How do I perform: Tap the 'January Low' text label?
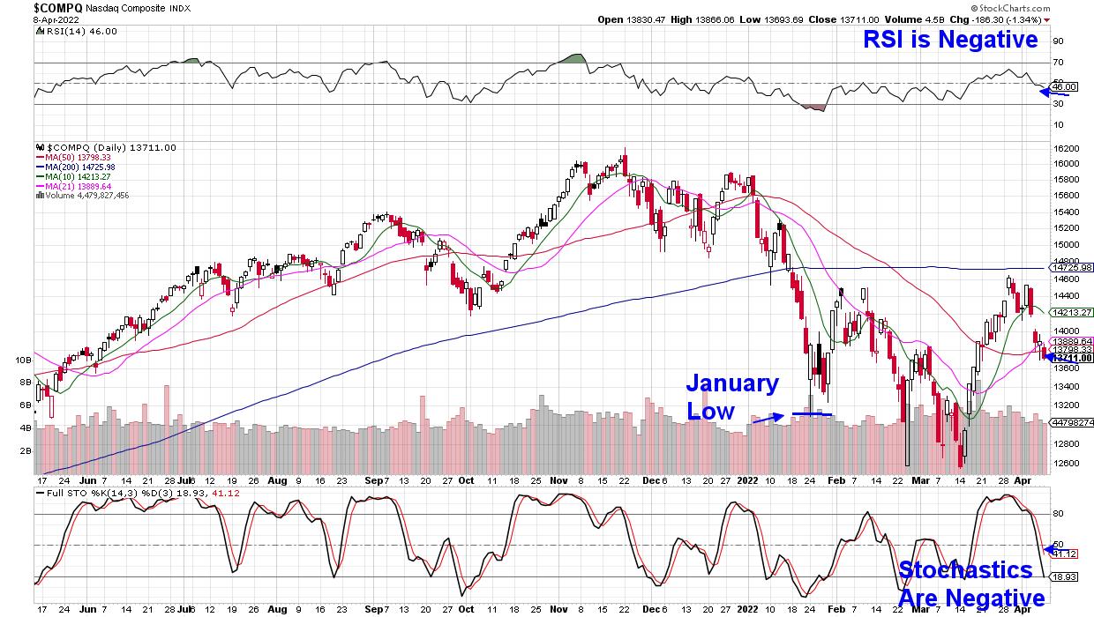point(732,397)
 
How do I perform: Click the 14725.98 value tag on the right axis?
point(1070,267)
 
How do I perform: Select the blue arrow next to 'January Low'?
point(765,419)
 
